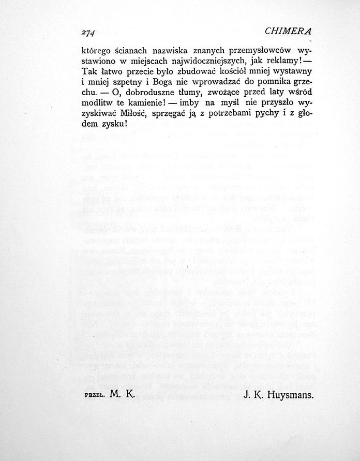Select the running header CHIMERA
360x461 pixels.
click(288, 31)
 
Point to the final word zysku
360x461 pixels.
click(113, 124)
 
